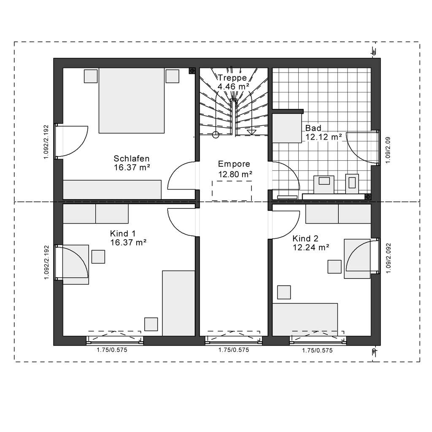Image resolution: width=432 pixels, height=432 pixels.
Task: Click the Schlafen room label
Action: [x=132, y=159]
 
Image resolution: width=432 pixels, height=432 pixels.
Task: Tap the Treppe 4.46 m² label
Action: [x=233, y=82]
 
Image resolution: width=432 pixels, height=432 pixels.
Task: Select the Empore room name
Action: [x=234, y=164]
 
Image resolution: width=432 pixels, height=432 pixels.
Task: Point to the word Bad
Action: [x=313, y=128]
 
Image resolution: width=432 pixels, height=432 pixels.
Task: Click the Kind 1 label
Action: [x=123, y=234]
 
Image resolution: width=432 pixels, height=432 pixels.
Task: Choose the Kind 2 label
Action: [x=305, y=239]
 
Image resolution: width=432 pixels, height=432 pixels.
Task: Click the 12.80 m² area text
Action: [x=235, y=174]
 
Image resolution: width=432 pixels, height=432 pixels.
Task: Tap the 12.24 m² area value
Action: [x=311, y=247]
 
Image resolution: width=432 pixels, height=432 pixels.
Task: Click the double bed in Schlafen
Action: [x=132, y=100]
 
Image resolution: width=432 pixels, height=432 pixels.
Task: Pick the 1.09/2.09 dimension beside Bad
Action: [x=388, y=150]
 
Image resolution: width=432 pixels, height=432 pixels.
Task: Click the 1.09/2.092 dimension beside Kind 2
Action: [x=389, y=258]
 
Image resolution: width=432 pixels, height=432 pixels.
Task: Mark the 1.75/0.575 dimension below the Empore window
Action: [x=234, y=350]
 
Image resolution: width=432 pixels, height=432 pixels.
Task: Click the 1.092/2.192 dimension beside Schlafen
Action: [x=46, y=142]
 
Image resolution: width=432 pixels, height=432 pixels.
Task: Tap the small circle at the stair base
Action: [x=216, y=135]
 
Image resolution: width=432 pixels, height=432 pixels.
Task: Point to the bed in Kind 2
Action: [x=305, y=320]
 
